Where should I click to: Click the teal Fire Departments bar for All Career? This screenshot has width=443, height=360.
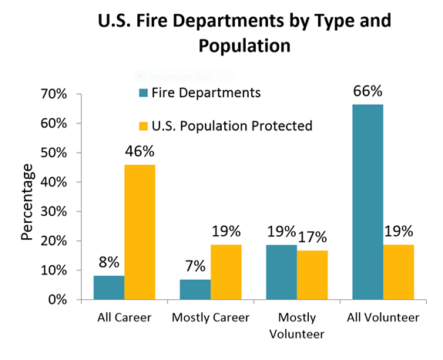pos(109,288)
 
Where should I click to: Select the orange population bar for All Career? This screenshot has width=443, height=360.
pos(139,232)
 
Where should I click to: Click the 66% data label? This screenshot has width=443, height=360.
pos(367,91)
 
